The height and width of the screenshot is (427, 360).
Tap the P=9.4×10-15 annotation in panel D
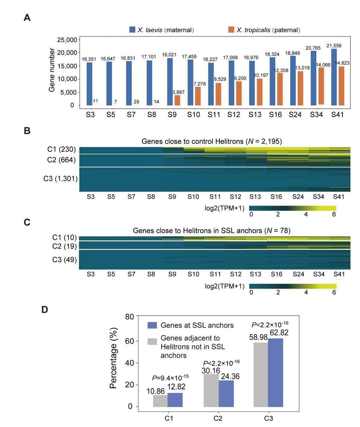pos(166,378)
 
